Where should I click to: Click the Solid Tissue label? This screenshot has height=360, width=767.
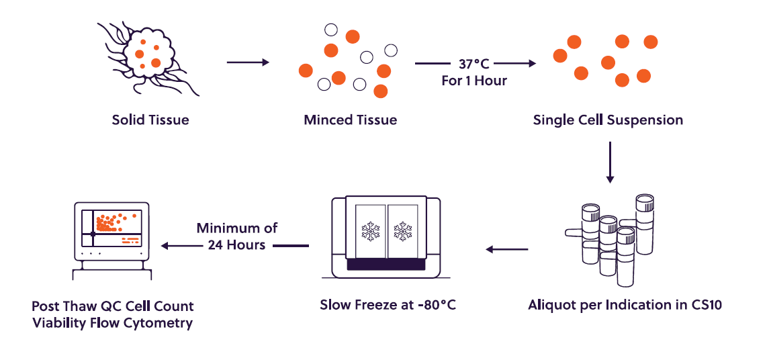150,120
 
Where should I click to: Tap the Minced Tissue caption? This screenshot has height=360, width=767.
350,120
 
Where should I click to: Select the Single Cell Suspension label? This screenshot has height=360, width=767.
608,120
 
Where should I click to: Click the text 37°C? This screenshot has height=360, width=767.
474,64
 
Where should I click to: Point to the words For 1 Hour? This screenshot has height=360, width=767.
474,80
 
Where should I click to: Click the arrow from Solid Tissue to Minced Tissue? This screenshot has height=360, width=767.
248,62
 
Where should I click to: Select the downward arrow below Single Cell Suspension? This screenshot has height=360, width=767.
609,163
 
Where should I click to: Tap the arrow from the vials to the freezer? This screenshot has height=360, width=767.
507,249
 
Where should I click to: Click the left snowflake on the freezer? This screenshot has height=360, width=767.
370,231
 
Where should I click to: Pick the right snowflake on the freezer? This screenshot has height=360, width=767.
402,231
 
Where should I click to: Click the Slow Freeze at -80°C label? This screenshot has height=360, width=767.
388,305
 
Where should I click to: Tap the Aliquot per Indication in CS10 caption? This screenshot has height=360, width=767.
625,305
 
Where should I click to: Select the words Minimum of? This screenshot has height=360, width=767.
237,228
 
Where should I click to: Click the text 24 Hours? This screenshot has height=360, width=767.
237,244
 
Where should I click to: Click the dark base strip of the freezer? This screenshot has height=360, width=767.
386,265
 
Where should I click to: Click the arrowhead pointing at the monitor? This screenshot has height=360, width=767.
165,246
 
